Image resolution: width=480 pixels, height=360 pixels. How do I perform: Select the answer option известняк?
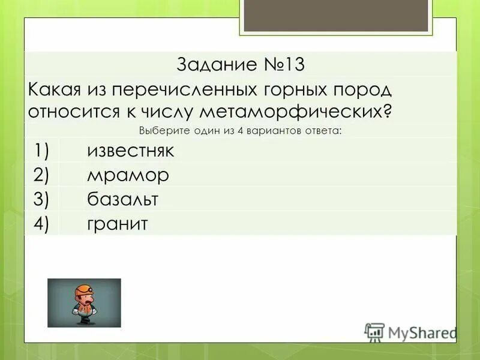[x=131, y=151]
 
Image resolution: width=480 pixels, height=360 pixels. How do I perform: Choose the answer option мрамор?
[x=128, y=175]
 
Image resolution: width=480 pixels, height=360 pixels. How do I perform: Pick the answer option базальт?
[x=123, y=199]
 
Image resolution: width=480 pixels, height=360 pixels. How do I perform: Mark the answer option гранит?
[x=117, y=224]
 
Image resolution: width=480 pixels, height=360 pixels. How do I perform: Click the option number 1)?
[x=46, y=151]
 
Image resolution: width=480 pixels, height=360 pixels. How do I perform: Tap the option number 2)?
[x=46, y=175]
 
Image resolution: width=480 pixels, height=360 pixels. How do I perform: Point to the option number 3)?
[x=46, y=199]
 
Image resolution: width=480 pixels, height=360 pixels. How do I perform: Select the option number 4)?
[x=46, y=224]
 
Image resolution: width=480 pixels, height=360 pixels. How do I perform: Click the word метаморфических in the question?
[x=297, y=112]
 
